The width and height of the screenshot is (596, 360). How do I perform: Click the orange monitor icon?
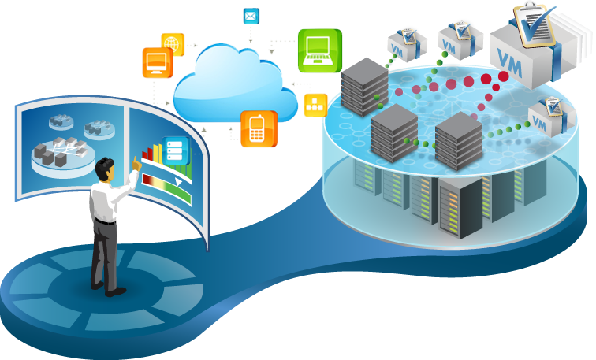point(157,62)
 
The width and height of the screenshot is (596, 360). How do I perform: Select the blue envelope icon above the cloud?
point(251,17)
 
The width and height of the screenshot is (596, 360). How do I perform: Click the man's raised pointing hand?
point(136,163)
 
